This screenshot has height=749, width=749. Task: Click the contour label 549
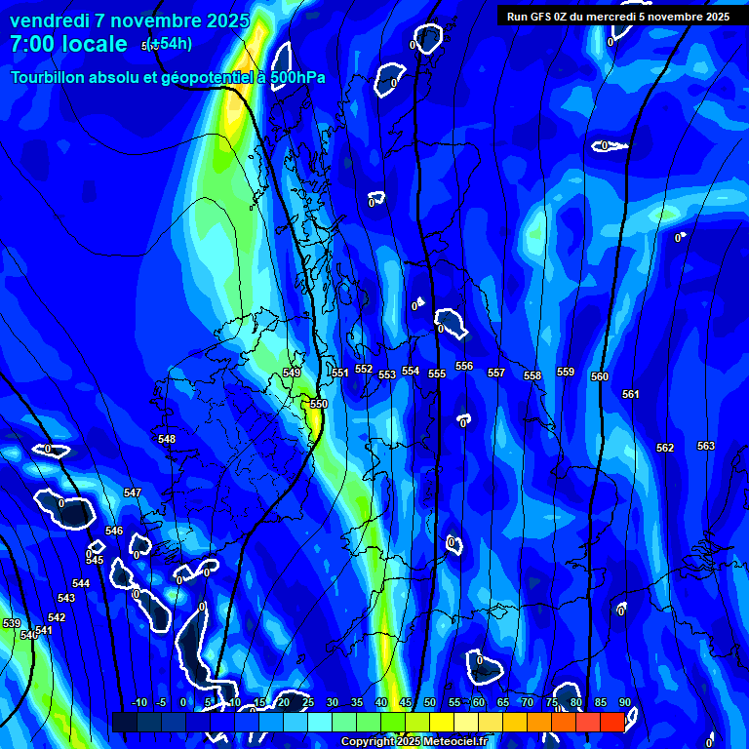(x=292, y=374)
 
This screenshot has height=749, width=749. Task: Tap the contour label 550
(x=319, y=404)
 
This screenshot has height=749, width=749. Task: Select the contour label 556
(x=464, y=367)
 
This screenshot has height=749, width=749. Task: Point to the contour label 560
(x=600, y=377)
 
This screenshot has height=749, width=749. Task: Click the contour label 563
(x=706, y=446)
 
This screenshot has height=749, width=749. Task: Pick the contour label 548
(x=167, y=440)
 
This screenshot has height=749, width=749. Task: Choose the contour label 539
(x=12, y=623)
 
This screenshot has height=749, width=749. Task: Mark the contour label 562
(x=665, y=449)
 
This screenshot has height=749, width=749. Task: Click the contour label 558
(x=532, y=376)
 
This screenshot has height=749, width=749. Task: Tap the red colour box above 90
(x=612, y=722)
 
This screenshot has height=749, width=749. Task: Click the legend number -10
(x=138, y=703)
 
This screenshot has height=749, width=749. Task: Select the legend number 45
(x=406, y=703)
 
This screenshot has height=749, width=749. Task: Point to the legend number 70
(x=528, y=703)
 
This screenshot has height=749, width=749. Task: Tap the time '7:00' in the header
(x=38, y=44)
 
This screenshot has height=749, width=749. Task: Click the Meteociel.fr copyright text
(x=414, y=742)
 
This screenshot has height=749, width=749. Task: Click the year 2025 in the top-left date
(x=222, y=20)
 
